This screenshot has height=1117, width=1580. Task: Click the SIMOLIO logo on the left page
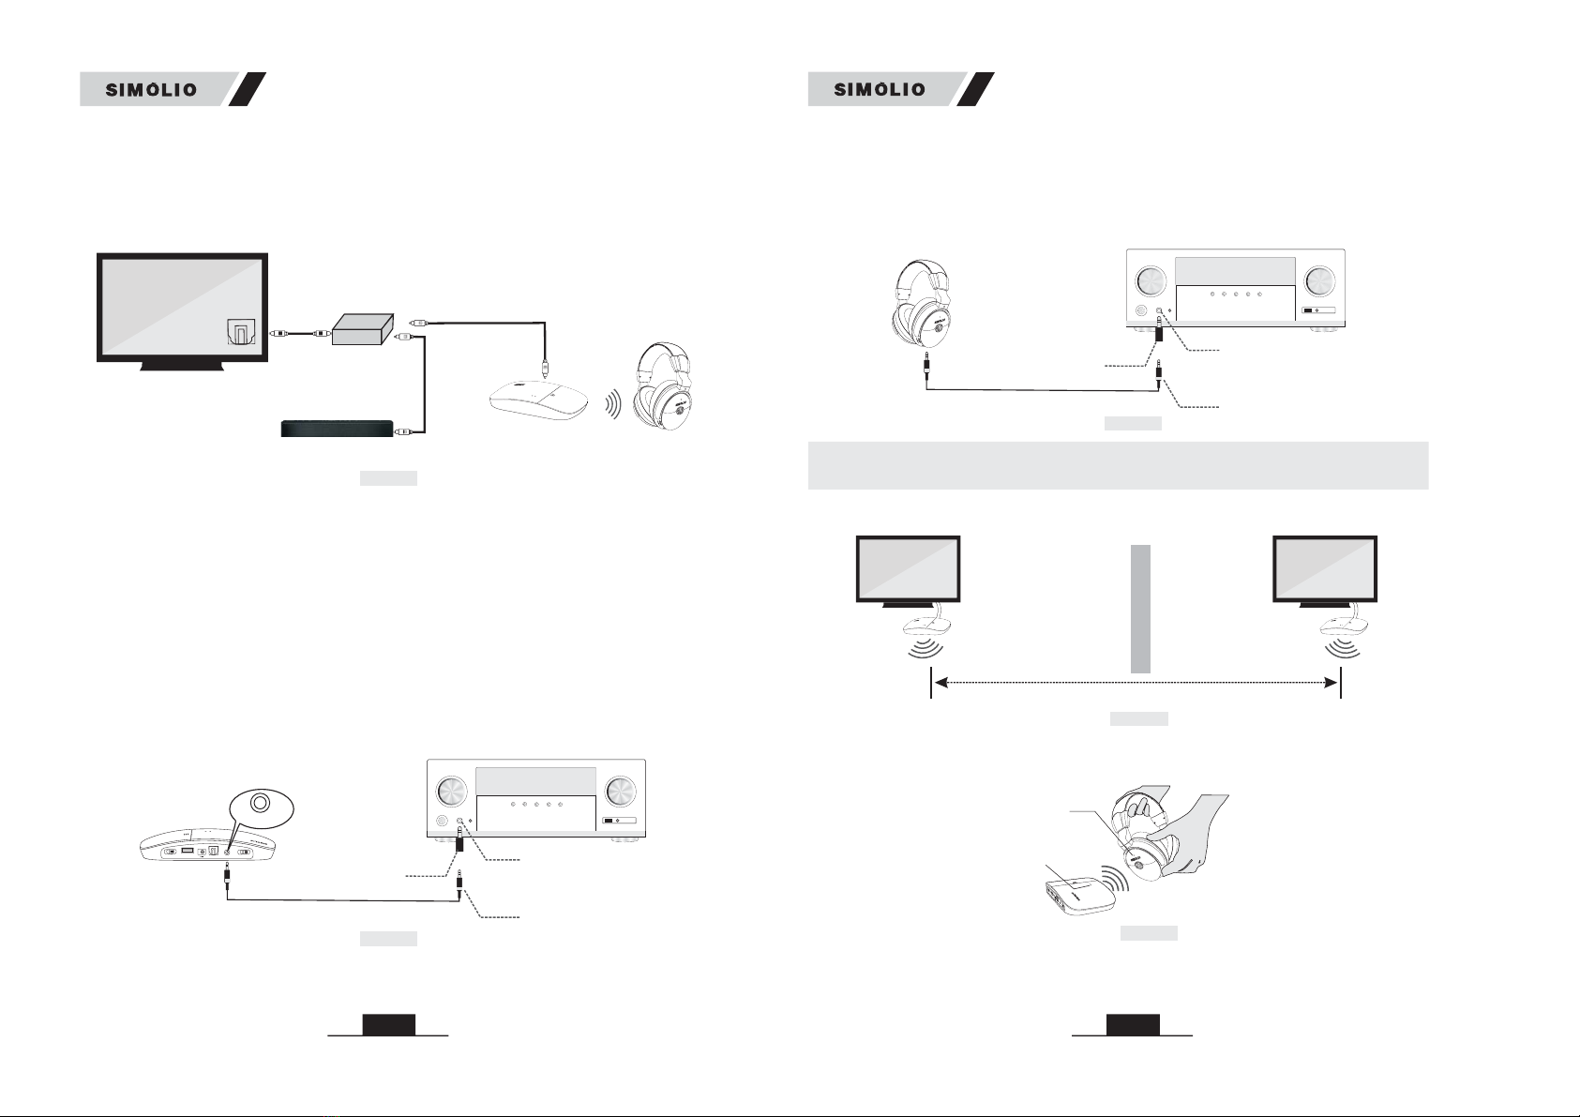point(151,90)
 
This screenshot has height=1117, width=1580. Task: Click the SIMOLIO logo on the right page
point(879,90)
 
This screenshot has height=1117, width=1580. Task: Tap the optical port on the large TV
point(241,332)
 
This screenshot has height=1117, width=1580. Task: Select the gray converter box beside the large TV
point(363,329)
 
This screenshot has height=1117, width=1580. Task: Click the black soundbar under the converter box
point(338,429)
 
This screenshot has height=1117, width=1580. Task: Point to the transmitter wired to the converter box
point(539,400)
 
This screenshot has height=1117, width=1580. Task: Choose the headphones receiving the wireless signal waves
point(663,386)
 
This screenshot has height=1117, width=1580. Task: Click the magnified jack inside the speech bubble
point(261,803)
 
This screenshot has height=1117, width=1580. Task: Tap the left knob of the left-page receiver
point(451,792)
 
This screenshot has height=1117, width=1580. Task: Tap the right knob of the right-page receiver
point(1319,280)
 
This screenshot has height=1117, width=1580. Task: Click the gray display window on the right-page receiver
point(1235,271)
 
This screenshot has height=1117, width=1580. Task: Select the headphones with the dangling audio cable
point(921,307)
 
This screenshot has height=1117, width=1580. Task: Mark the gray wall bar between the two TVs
point(1140,609)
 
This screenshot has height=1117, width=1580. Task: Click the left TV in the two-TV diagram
point(908,571)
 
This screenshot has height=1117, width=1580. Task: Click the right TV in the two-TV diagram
point(1325,571)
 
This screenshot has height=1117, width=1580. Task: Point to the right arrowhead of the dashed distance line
point(1332,683)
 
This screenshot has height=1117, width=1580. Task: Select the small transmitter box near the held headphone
point(1079,895)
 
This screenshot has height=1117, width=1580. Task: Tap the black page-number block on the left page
point(388,1024)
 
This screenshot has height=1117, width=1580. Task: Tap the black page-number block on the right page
point(1133,1024)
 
